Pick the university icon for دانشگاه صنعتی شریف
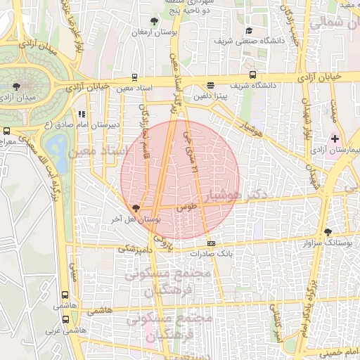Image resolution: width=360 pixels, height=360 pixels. point(250,30)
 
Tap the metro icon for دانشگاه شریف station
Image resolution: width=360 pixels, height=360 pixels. point(251,75)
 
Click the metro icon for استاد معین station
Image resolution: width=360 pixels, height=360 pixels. point(134,78)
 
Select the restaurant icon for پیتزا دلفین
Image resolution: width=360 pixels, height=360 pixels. point(211,85)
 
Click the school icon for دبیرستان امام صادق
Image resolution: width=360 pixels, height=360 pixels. point(82,113)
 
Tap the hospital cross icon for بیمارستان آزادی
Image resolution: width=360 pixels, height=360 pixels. point(335,139)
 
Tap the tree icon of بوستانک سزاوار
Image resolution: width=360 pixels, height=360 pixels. point(328,232)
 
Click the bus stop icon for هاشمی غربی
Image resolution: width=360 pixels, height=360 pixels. point(65,319)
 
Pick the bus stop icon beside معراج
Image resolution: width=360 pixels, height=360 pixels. point(6,131)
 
